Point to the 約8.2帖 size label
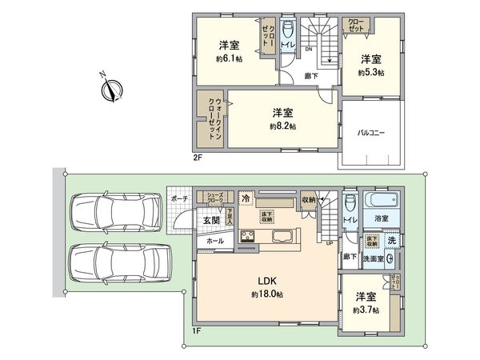[282, 126]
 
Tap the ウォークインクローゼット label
[214, 119]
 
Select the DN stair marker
[309, 50]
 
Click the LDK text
[266, 280]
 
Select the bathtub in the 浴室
[380, 200]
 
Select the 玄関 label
[210, 221]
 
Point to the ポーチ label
[178, 198]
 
